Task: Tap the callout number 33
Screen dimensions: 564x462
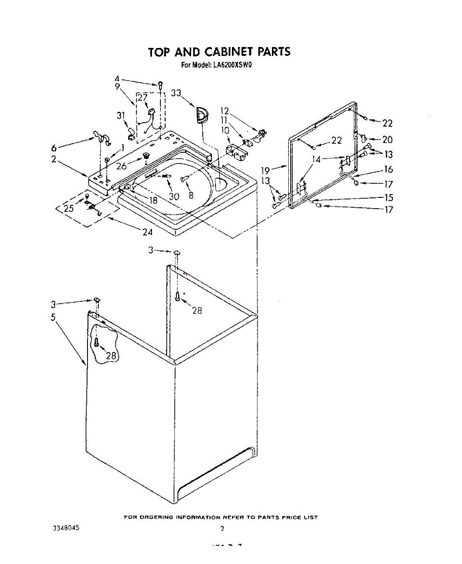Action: [x=176, y=94]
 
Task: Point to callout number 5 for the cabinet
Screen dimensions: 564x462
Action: [x=53, y=317]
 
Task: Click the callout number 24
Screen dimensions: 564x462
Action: [x=148, y=231]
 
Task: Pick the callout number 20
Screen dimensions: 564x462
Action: [x=387, y=140]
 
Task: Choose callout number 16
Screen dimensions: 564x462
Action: [x=389, y=170]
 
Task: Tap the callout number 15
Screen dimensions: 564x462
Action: [x=389, y=198]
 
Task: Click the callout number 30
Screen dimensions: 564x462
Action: [x=174, y=196]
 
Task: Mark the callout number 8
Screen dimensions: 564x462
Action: [x=191, y=196]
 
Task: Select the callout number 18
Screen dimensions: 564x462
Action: [x=153, y=200]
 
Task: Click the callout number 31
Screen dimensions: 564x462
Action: [x=121, y=116]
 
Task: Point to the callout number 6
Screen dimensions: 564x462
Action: [x=54, y=147]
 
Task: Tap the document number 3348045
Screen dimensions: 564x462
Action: [x=66, y=528]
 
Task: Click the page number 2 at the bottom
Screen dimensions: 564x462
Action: [x=223, y=528]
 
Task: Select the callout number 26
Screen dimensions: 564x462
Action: [x=122, y=166]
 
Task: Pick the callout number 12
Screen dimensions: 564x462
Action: [x=225, y=111]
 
